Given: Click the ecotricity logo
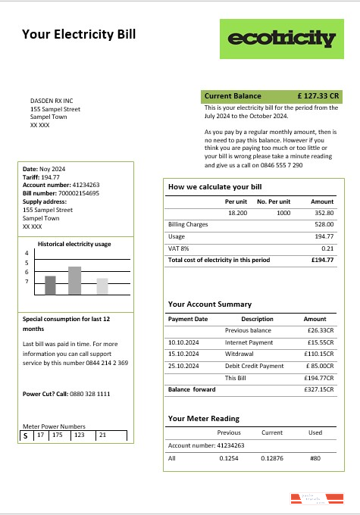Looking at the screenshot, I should coord(280,39).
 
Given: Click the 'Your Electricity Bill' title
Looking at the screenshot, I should coord(79,33).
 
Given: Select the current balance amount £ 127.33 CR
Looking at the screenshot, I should coord(318,96).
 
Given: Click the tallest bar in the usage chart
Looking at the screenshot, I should coord(74,280).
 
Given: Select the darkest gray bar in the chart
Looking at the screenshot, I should coord(50,285).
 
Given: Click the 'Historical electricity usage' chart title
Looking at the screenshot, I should coord(75,244).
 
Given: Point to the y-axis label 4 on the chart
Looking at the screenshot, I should coord(27,254).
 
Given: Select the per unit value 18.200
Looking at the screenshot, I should coord(237,213).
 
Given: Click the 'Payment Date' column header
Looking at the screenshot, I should coord(187,319).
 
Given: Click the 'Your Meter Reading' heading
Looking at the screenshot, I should coord(203,418).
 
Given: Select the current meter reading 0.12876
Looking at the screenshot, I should coord(271,457).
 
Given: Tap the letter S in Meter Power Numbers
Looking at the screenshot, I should coord(25,436).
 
